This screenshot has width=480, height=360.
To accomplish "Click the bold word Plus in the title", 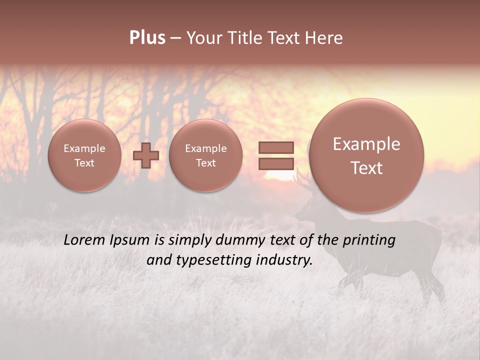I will point(147,38).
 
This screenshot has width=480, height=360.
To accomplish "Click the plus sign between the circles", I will point(145,155).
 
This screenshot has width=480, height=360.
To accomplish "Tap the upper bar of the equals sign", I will point(275,147).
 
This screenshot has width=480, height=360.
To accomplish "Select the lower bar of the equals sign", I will point(275,163).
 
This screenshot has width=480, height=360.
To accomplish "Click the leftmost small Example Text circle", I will point(84,155).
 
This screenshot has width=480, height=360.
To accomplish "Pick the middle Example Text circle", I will point(205,155).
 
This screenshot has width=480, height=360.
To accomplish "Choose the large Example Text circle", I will point(366,155).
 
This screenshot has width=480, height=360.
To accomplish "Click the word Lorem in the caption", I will point(84,240).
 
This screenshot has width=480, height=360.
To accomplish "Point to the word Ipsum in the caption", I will point(129,240).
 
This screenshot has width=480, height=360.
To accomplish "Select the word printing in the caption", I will point(368,240).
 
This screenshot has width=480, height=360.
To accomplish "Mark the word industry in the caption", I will point(284,260).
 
